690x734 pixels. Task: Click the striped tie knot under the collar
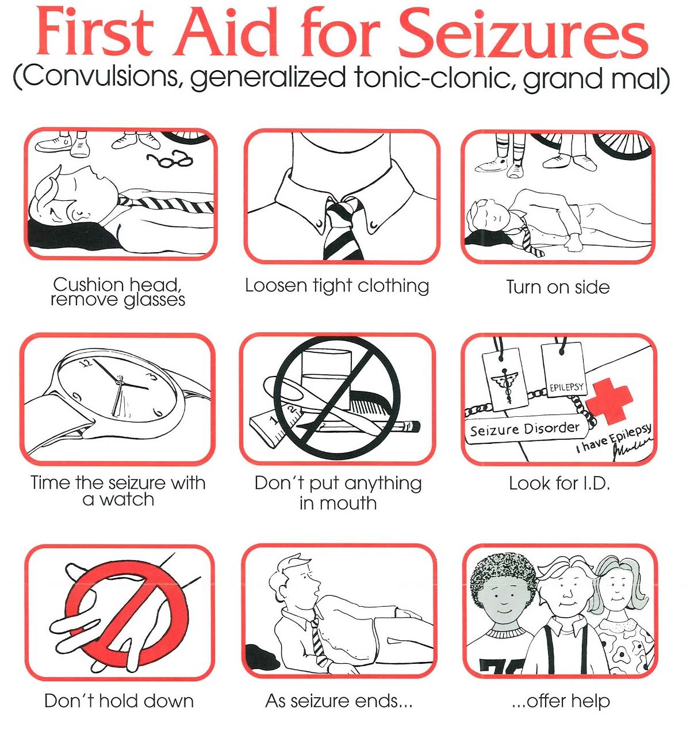[343, 210]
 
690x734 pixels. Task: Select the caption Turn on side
[557, 287]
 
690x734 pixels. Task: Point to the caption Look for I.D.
[559, 483]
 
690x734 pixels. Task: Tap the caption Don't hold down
[118, 701]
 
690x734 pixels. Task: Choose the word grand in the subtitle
[554, 79]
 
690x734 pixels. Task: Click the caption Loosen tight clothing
[337, 286]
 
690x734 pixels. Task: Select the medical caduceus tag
[505, 380]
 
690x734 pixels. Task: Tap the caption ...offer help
[560, 701]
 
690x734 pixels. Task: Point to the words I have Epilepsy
[614, 438]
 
